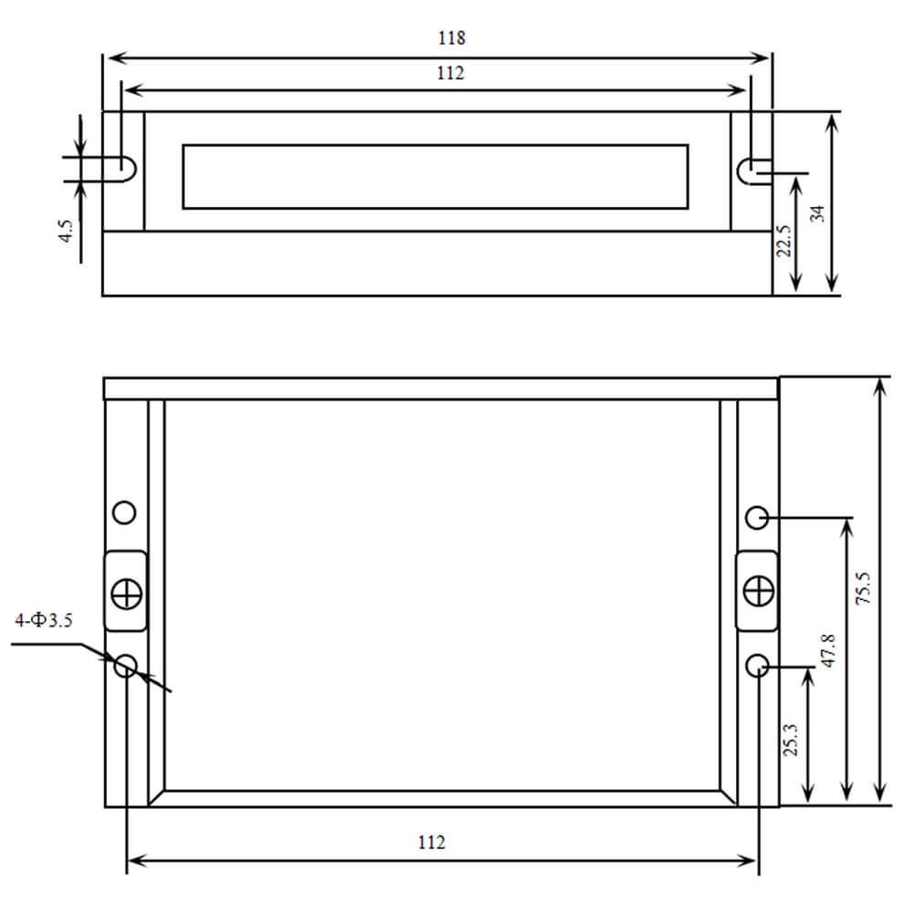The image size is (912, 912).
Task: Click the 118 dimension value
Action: [451, 37]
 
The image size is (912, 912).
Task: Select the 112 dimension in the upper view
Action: [451, 73]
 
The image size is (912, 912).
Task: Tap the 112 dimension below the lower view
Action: [431, 842]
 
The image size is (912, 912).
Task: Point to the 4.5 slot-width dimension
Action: [66, 231]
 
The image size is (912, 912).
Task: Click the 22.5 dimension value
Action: [783, 241]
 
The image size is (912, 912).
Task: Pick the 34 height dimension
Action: [817, 213]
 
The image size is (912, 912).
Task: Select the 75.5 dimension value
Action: [863, 588]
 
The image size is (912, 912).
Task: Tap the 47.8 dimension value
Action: [828, 650]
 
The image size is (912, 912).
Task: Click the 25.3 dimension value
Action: [791, 740]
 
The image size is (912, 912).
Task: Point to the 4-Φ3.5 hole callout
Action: [44, 620]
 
